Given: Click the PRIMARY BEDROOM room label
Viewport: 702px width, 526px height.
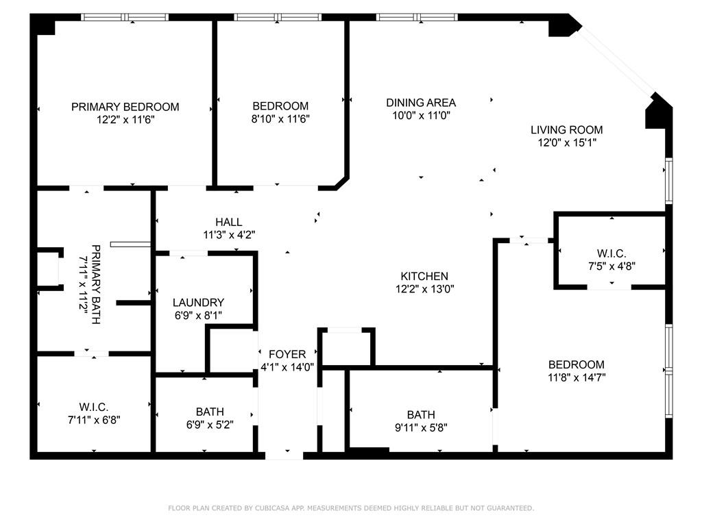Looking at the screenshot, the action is [x=125, y=107].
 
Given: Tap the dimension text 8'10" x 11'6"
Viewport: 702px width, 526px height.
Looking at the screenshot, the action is [x=280, y=118].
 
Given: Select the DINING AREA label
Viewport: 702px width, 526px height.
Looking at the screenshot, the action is [x=421, y=103].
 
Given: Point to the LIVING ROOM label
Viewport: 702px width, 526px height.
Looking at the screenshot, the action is [x=567, y=129].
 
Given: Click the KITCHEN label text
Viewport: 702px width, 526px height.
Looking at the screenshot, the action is [x=424, y=276].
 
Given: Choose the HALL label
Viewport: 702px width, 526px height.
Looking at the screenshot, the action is [x=229, y=222].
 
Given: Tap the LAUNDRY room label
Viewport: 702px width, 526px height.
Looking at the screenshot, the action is [x=198, y=302].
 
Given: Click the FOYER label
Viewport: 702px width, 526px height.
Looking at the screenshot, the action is [x=287, y=354].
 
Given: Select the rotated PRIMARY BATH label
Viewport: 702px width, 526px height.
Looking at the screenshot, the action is [x=96, y=284].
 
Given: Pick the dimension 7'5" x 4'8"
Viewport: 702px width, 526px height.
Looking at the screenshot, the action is [x=612, y=266].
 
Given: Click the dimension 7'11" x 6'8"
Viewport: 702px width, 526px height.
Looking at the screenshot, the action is [x=94, y=420].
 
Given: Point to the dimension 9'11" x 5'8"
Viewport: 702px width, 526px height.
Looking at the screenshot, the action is [x=421, y=427].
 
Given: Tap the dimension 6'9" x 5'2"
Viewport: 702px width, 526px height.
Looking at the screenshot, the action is [x=210, y=424].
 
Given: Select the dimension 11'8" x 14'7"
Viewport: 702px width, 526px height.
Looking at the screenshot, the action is [x=577, y=377].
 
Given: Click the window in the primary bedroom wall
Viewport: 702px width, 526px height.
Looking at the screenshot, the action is [x=125, y=17].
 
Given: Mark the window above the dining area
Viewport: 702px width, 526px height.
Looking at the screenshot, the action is [x=417, y=17].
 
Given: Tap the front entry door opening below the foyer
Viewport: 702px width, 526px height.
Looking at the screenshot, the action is [x=285, y=455].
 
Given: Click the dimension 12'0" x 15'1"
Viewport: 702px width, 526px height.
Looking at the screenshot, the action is [x=567, y=142].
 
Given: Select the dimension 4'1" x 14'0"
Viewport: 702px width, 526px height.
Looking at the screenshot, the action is [x=287, y=367].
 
